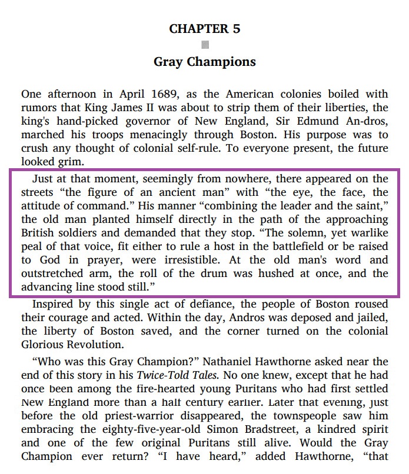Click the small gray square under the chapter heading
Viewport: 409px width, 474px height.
[205, 45]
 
